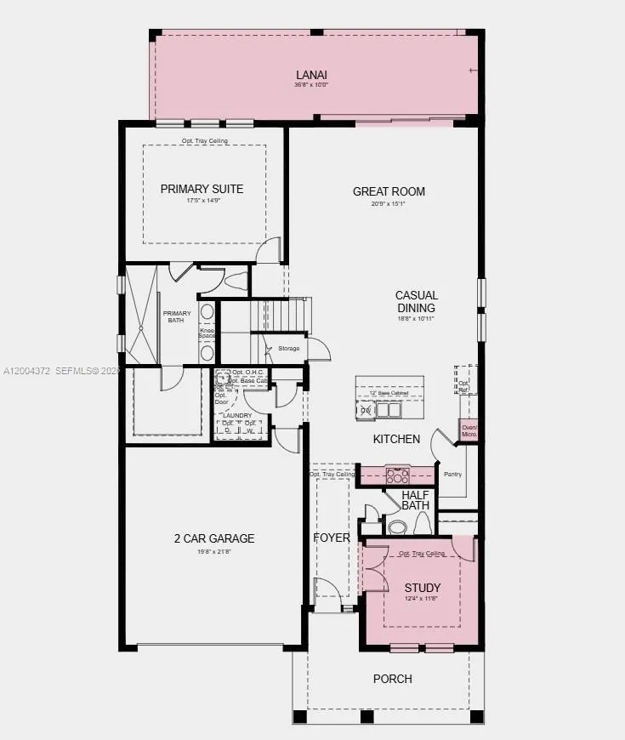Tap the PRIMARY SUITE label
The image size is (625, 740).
coord(202,189)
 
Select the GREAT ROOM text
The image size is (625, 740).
coord(389,191)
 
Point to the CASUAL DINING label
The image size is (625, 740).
coord(416,302)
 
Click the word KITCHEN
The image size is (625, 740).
coord(396,440)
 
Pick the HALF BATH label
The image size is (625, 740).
coord(416,500)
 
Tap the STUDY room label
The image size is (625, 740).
coord(422,588)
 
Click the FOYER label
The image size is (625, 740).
coord(331,538)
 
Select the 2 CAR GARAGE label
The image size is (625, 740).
coord(214,538)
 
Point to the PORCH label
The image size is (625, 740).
coord(393,679)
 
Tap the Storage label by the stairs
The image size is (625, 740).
coord(288,348)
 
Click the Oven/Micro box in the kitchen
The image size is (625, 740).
coord(469,431)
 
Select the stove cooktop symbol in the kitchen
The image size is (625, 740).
coord(397,475)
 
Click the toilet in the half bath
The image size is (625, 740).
coord(397,527)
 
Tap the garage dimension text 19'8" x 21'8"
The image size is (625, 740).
coord(214,552)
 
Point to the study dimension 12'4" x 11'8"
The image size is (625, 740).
coord(422,600)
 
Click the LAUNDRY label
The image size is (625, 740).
coord(239,416)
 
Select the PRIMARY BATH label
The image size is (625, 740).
coord(178,316)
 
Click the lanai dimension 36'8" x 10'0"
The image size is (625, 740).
coord(311,85)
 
